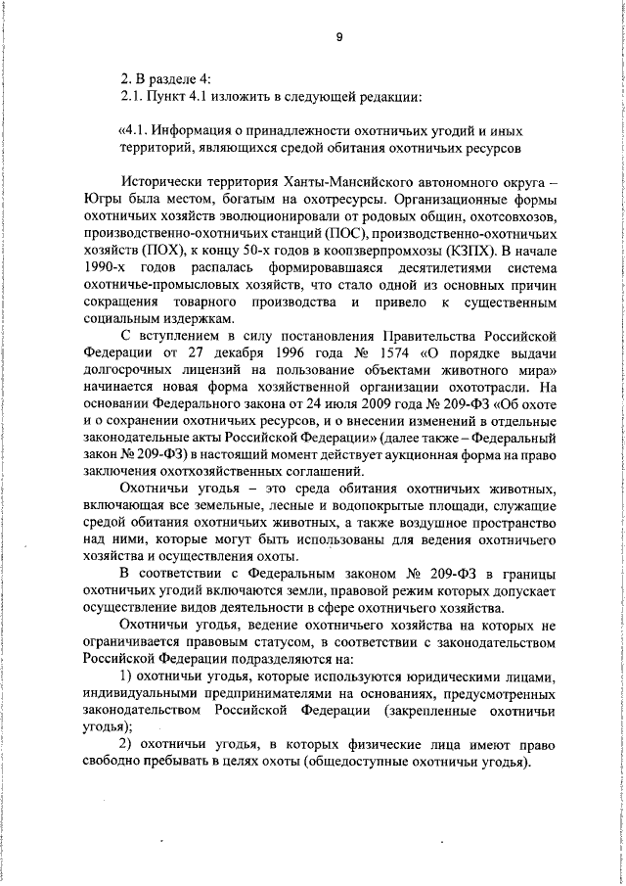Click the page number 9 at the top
point(338,37)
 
